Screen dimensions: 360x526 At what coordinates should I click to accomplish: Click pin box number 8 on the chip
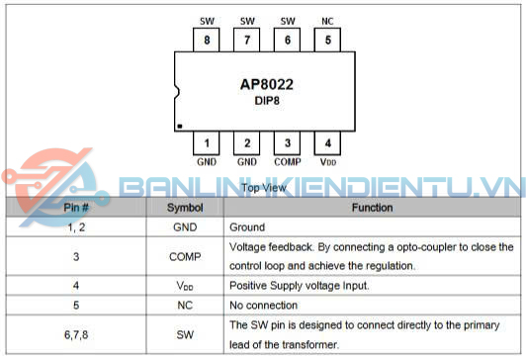pyautogui.click(x=207, y=41)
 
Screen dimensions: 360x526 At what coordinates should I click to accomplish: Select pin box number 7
pyautogui.click(x=247, y=41)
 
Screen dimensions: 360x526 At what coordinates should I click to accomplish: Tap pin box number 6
pyautogui.click(x=288, y=41)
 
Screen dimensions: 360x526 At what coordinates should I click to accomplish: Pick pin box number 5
pyautogui.click(x=328, y=41)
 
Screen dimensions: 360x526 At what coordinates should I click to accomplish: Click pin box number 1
pyautogui.click(x=207, y=143)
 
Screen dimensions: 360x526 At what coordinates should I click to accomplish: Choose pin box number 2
pyautogui.click(x=247, y=143)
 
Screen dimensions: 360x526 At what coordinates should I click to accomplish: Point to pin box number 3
pyautogui.click(x=288, y=143)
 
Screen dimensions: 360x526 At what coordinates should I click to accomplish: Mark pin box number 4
pyautogui.click(x=328, y=143)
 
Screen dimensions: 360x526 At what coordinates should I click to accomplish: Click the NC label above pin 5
pyautogui.click(x=328, y=20)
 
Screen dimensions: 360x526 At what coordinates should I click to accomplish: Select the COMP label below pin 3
pyautogui.click(x=288, y=161)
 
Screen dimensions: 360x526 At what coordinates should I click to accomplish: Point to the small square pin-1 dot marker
pyautogui.click(x=180, y=126)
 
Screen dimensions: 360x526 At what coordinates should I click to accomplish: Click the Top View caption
pyautogui.click(x=264, y=187)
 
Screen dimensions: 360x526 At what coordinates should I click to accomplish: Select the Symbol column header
pyautogui.click(x=185, y=208)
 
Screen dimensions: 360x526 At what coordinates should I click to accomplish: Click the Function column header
pyautogui.click(x=372, y=208)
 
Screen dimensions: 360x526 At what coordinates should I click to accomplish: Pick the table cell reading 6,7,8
pyautogui.click(x=75, y=335)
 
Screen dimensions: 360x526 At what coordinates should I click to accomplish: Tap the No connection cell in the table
pyautogui.click(x=264, y=306)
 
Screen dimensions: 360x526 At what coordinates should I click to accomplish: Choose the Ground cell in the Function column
pyautogui.click(x=246, y=226)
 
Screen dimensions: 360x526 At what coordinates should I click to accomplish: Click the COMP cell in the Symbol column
pyautogui.click(x=185, y=256)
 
